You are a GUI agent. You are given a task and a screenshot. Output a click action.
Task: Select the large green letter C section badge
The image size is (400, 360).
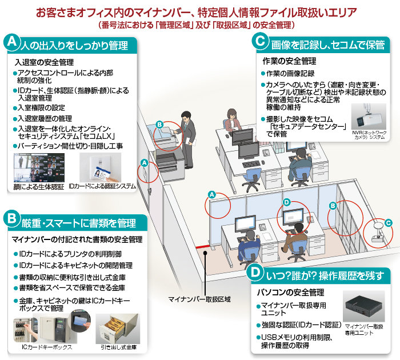(261, 41)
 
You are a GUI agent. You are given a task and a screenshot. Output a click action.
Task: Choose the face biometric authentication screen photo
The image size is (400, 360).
(37, 168)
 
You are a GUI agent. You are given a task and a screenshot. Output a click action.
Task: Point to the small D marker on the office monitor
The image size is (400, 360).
(286, 202)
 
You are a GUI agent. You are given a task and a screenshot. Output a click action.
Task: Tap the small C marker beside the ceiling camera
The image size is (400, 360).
(387, 222)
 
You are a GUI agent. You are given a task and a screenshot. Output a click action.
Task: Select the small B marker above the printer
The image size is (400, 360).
(160, 124)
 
